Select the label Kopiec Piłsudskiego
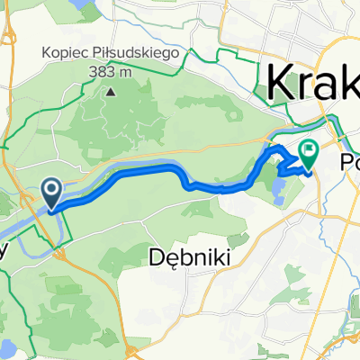point(112,52)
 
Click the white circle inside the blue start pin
point(51,189)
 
